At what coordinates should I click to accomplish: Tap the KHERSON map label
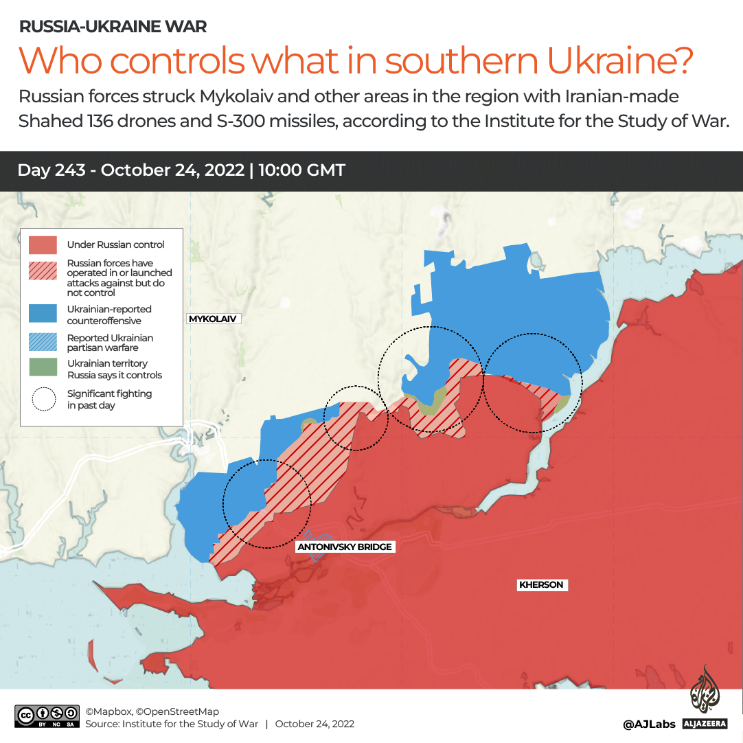[541, 585]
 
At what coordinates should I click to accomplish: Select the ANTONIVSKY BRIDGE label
[345, 547]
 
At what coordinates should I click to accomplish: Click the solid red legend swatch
[43, 245]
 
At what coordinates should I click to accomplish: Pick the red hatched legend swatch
[43, 272]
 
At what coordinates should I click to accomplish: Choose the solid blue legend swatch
[43, 313]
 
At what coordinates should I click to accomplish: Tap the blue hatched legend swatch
[43, 342]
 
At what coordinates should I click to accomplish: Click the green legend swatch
[43, 367]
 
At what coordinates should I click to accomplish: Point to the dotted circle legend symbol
[43, 399]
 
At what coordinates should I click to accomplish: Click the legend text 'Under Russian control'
[115, 244]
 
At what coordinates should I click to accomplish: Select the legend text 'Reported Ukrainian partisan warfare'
[110, 343]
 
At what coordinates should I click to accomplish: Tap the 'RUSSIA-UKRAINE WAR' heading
[113, 27]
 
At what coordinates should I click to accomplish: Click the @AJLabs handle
[648, 724]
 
